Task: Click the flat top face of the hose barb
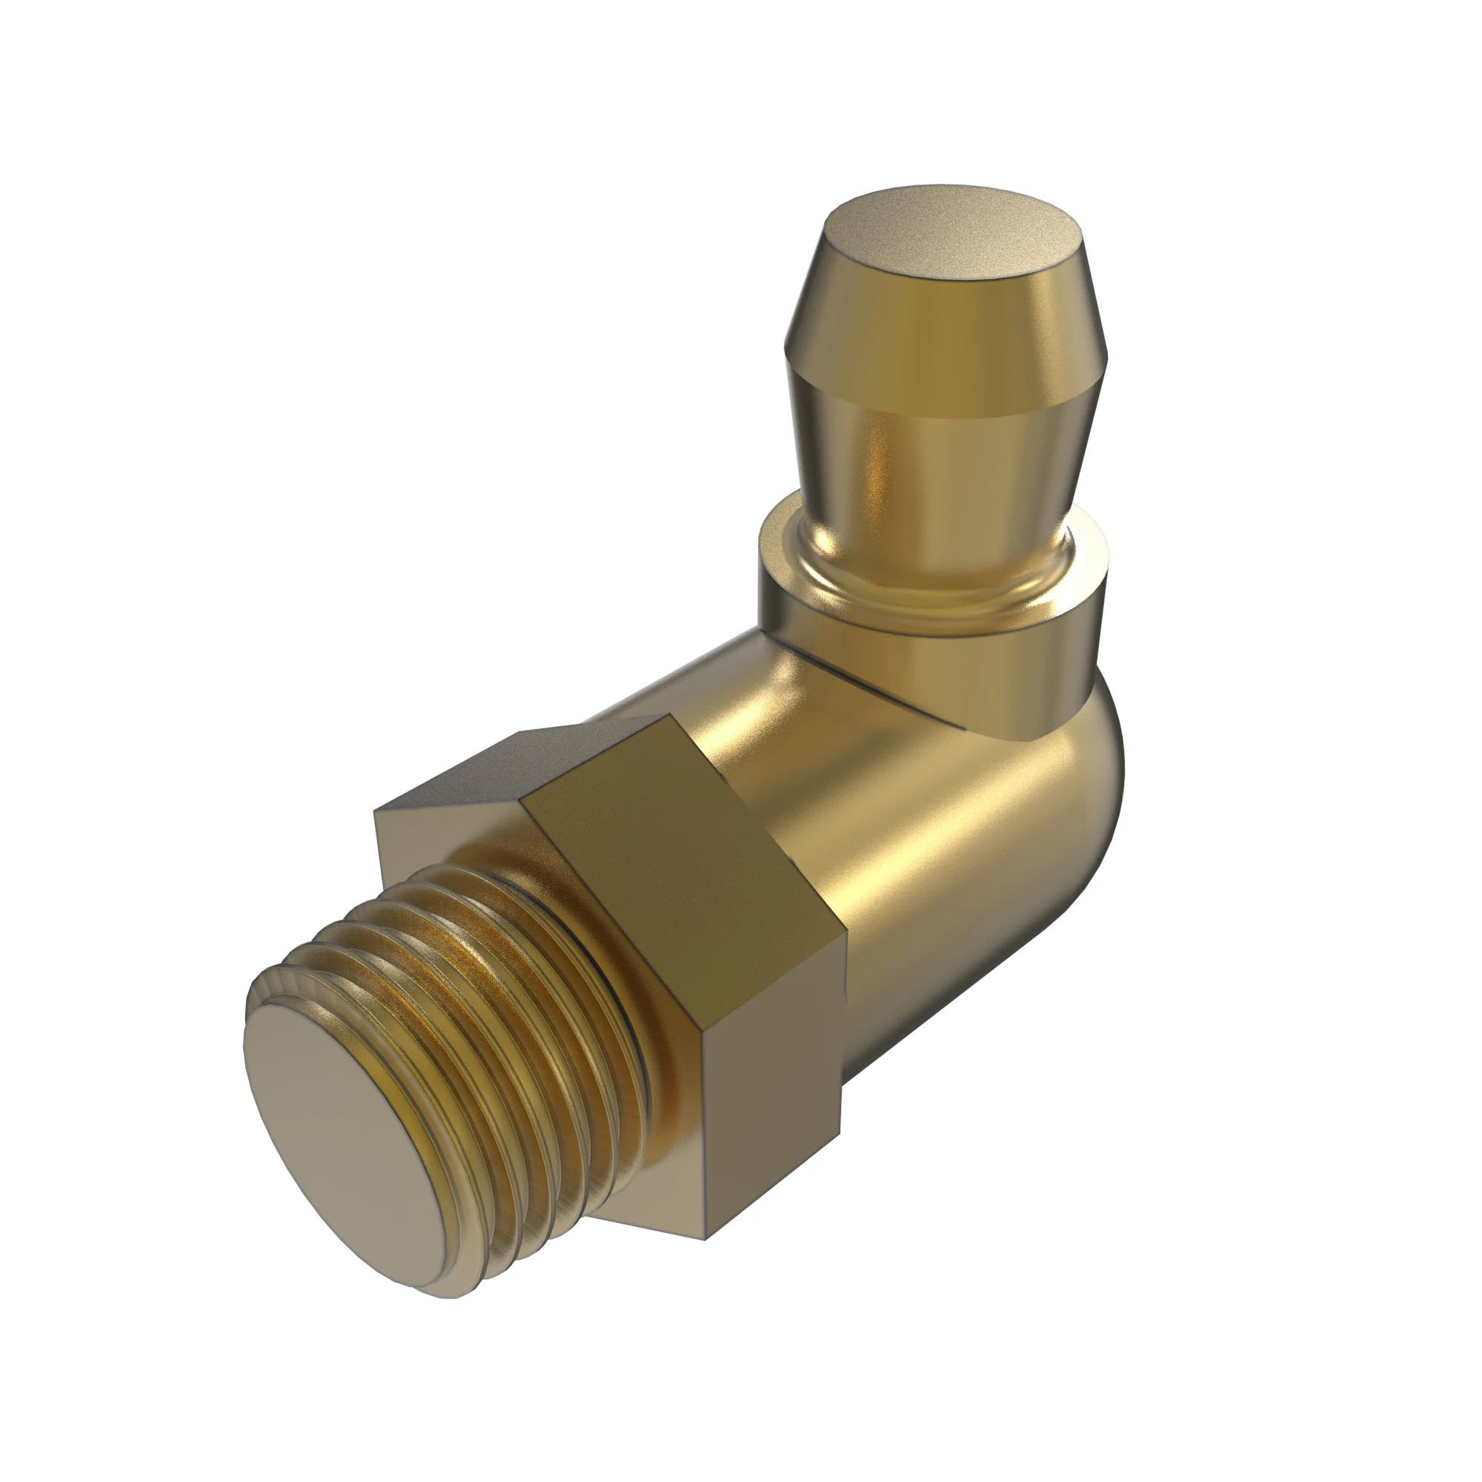click(x=951, y=230)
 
